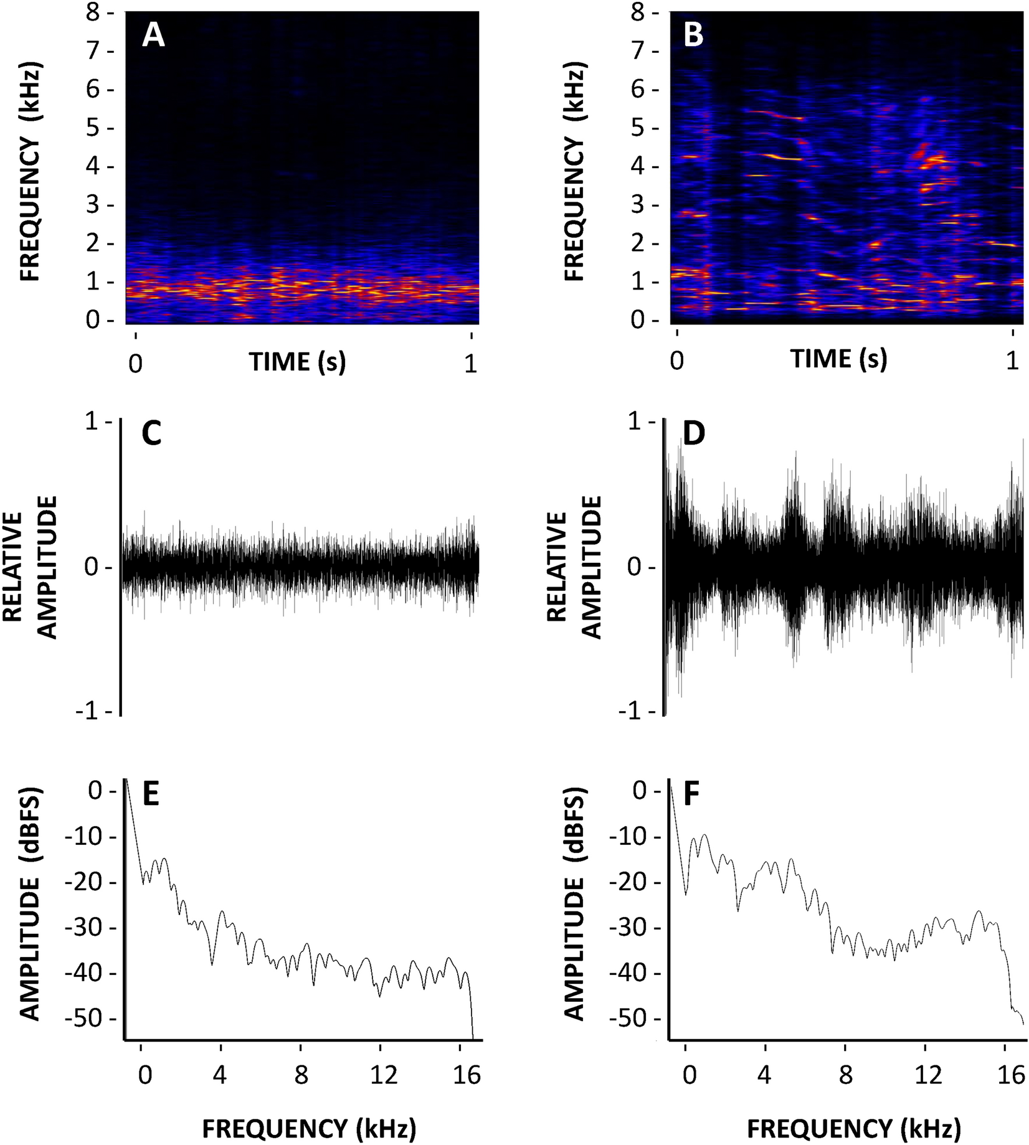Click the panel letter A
click(x=153, y=35)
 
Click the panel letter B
click(x=693, y=35)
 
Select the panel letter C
click(x=152, y=434)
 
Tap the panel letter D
click(x=695, y=434)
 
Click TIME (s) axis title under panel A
click(x=297, y=361)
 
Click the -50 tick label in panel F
click(x=629, y=1019)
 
